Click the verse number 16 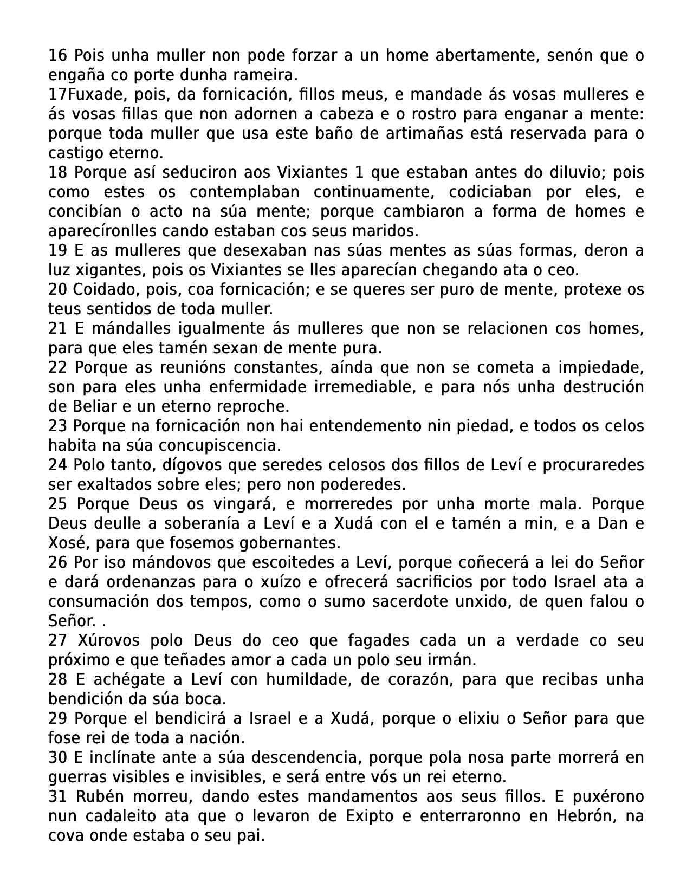click(x=57, y=55)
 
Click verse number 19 click(x=57, y=250)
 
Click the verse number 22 click(x=57, y=367)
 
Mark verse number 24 click(x=57, y=465)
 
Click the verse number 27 click(x=57, y=640)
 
